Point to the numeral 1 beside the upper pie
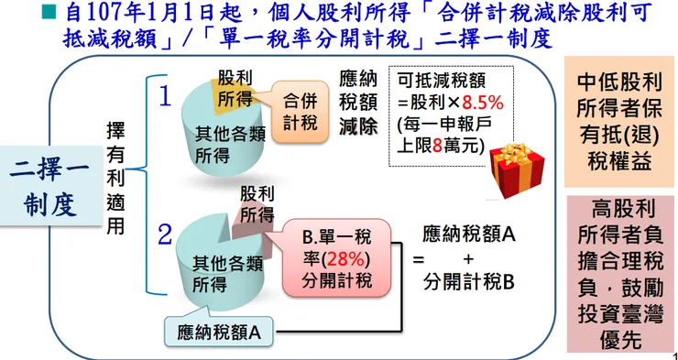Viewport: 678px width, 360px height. click(165, 96)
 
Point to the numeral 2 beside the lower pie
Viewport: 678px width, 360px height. click(165, 234)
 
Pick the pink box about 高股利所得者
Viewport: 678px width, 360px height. click(618, 274)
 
